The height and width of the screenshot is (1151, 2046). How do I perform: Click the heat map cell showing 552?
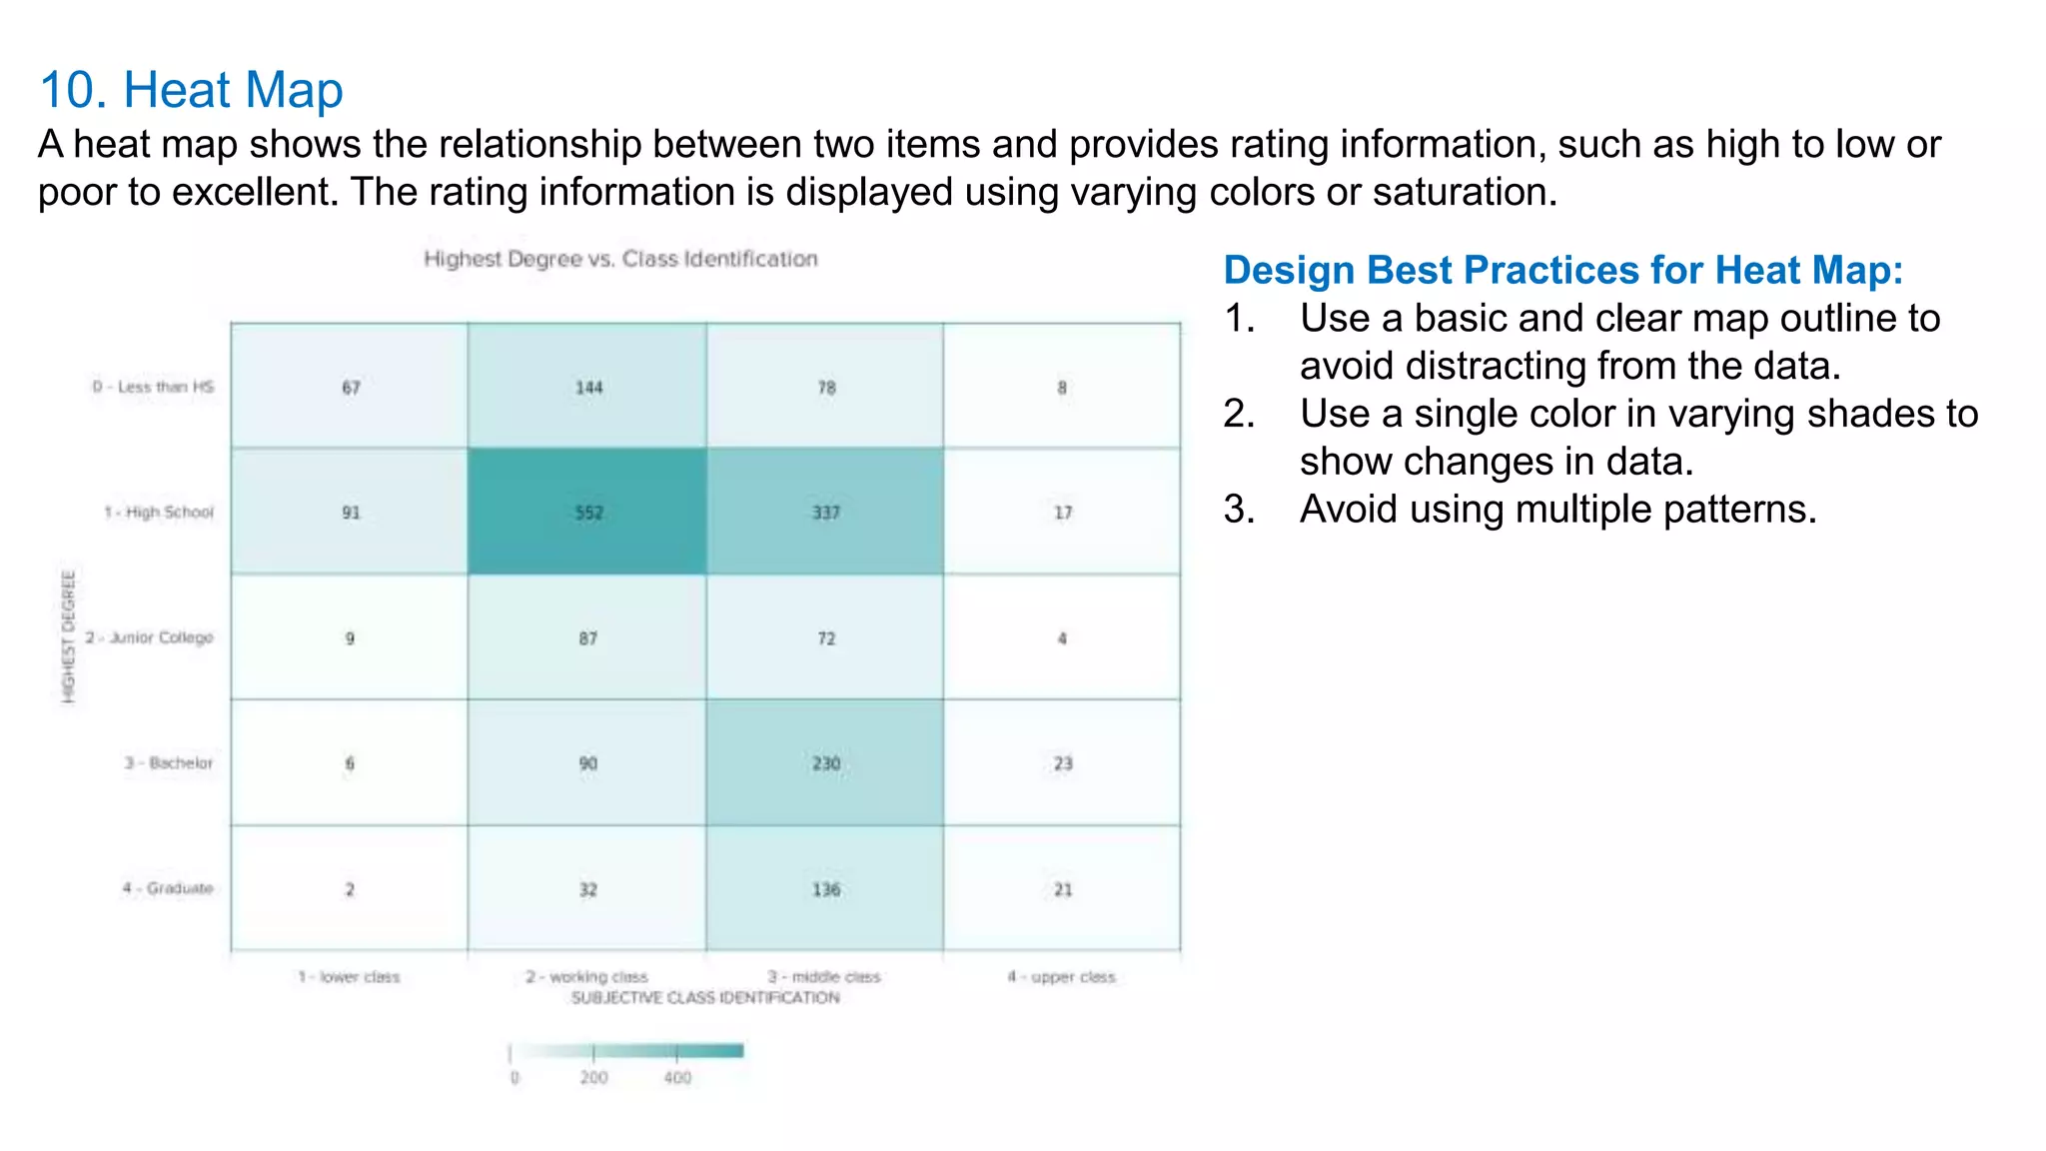[x=587, y=512]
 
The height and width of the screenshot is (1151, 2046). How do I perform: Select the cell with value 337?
[x=825, y=512]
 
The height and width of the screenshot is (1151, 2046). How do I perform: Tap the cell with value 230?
[x=825, y=763]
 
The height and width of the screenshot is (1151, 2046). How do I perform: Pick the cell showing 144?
[x=587, y=387]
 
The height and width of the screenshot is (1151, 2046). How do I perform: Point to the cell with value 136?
[x=825, y=889]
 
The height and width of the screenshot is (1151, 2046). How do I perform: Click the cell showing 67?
[x=350, y=387]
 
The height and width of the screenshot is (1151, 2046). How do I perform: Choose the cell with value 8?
[x=1062, y=387]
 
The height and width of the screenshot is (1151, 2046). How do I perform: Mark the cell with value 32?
[x=587, y=889]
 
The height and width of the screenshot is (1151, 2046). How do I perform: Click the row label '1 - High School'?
[x=159, y=513]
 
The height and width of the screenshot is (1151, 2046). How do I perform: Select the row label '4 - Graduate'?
[x=168, y=888]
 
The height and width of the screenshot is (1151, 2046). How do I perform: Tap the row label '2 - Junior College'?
[x=150, y=637]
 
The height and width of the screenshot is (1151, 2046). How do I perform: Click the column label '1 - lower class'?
[x=349, y=976]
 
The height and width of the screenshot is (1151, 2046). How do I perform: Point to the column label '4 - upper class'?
[x=1061, y=976]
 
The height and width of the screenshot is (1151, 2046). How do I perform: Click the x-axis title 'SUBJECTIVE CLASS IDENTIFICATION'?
[x=705, y=998]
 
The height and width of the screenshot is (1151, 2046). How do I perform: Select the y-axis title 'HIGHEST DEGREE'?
[x=68, y=636]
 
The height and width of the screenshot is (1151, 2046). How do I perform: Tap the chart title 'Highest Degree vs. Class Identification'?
[x=620, y=260]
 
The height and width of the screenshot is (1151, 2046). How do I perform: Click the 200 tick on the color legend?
[x=593, y=1077]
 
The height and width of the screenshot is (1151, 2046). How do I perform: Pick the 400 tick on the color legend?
[x=677, y=1077]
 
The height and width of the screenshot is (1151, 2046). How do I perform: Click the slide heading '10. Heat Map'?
[x=191, y=90]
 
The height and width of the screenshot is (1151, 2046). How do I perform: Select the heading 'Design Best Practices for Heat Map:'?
[x=1563, y=271]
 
